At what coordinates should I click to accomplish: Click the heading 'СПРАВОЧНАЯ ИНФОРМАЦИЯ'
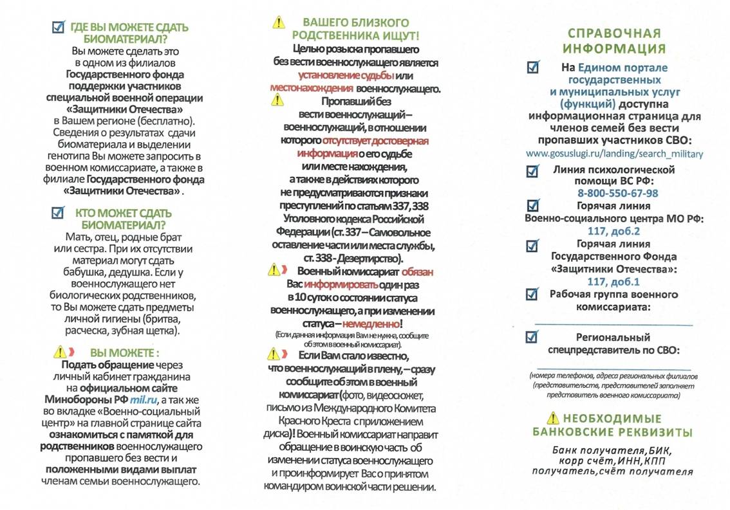(613, 41)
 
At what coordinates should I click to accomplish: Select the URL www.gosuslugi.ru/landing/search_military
(614, 154)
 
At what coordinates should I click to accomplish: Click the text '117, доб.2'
(613, 232)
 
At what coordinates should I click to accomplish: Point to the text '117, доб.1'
(613, 282)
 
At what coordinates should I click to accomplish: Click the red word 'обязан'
(417, 272)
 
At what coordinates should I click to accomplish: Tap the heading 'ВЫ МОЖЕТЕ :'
(124, 353)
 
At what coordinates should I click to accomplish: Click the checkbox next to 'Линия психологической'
(532, 171)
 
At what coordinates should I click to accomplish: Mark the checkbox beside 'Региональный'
(532, 336)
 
